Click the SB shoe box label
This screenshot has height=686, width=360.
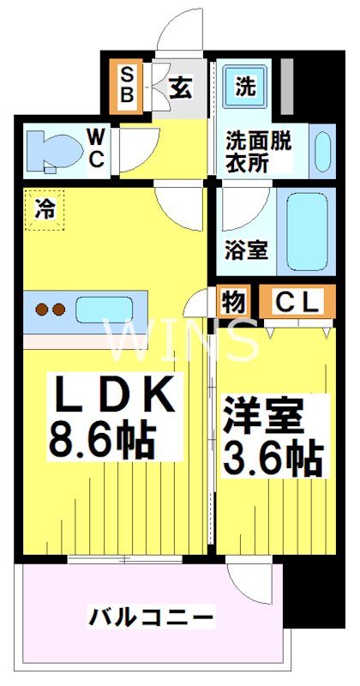(126, 84)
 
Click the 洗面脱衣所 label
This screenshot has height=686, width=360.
(258, 151)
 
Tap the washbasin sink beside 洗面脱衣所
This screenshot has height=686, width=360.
(323, 153)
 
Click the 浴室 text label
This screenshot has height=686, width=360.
(246, 250)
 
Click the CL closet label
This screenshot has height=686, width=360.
(297, 302)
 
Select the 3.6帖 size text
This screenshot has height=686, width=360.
(273, 459)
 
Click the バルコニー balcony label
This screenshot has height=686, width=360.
(151, 617)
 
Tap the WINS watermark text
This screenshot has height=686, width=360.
(181, 342)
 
